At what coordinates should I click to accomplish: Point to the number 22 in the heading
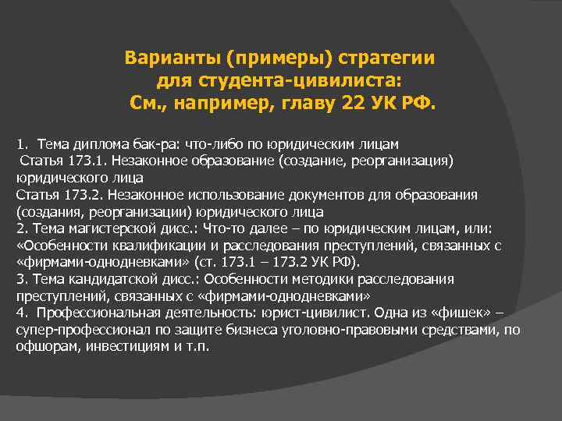click(356, 104)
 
